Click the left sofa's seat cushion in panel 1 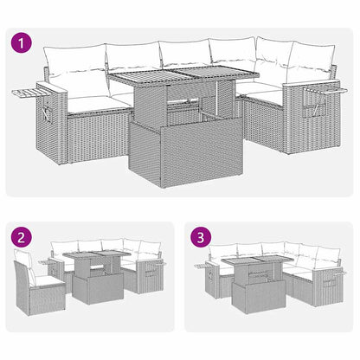coord(91,103)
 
